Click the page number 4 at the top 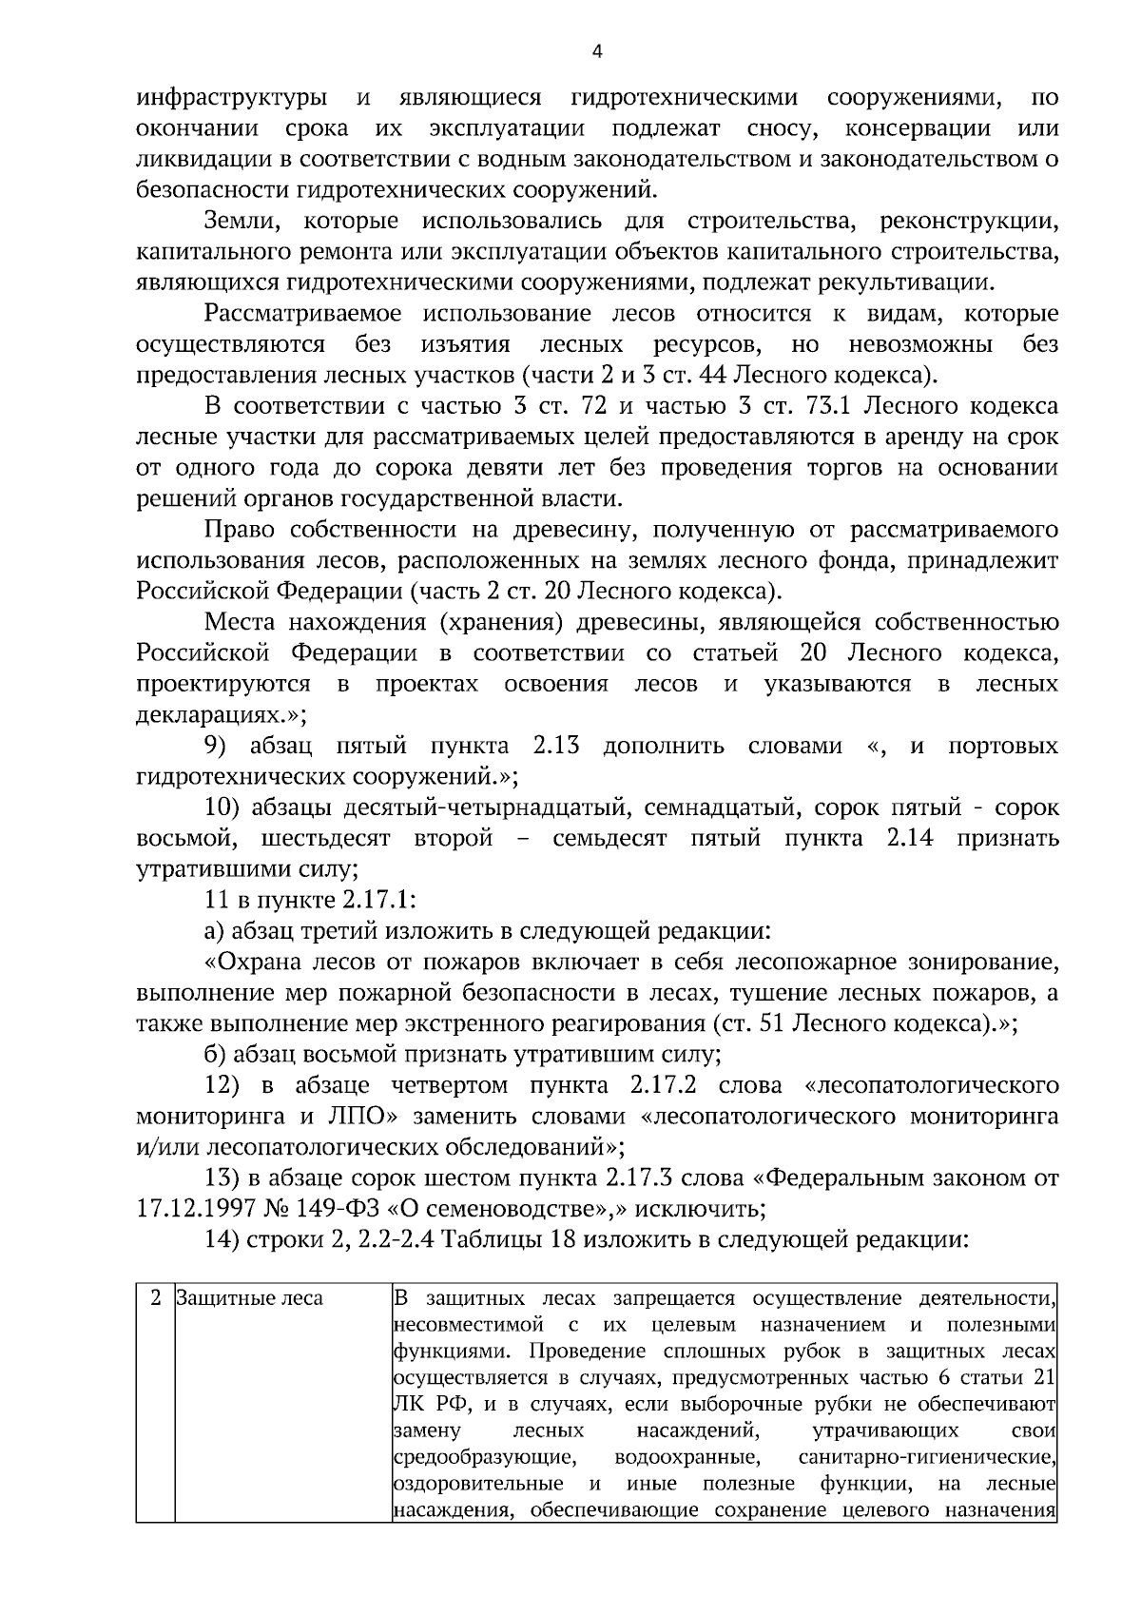coord(597,52)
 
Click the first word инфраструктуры coord(233,98)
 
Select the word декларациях coord(216,714)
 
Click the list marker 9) coord(221,746)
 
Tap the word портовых coord(1002,746)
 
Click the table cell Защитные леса coord(250,1298)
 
